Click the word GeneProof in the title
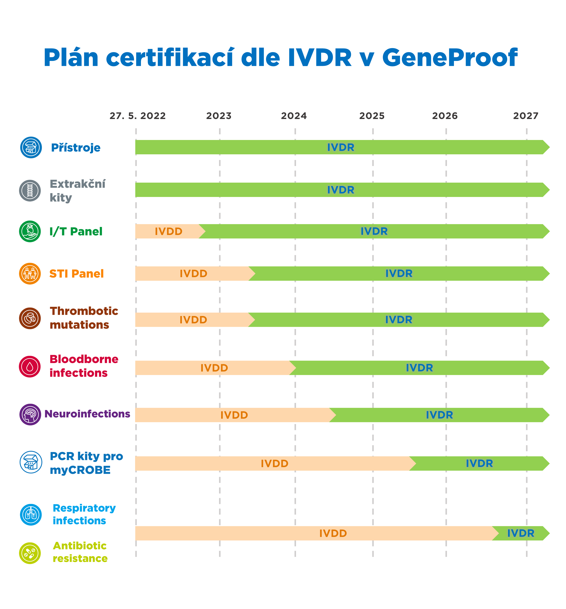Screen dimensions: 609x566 pos(450,58)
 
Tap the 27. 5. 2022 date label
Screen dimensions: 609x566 pos(138,116)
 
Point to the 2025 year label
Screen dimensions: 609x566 pos(372,116)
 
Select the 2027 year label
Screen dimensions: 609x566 pos(526,116)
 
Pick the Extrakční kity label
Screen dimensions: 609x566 pos(78,191)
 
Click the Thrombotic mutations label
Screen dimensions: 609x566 pos(84,318)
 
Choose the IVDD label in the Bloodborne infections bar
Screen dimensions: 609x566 pos(214,368)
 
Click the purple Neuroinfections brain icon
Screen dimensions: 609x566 pos(30,414)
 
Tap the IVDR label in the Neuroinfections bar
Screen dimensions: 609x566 pos(439,415)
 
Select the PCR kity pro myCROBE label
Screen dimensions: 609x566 pos(86,463)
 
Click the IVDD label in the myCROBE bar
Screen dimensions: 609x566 pos(275,464)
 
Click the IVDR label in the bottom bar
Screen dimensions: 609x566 pos(521,533)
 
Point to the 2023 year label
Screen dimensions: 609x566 pos(219,116)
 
